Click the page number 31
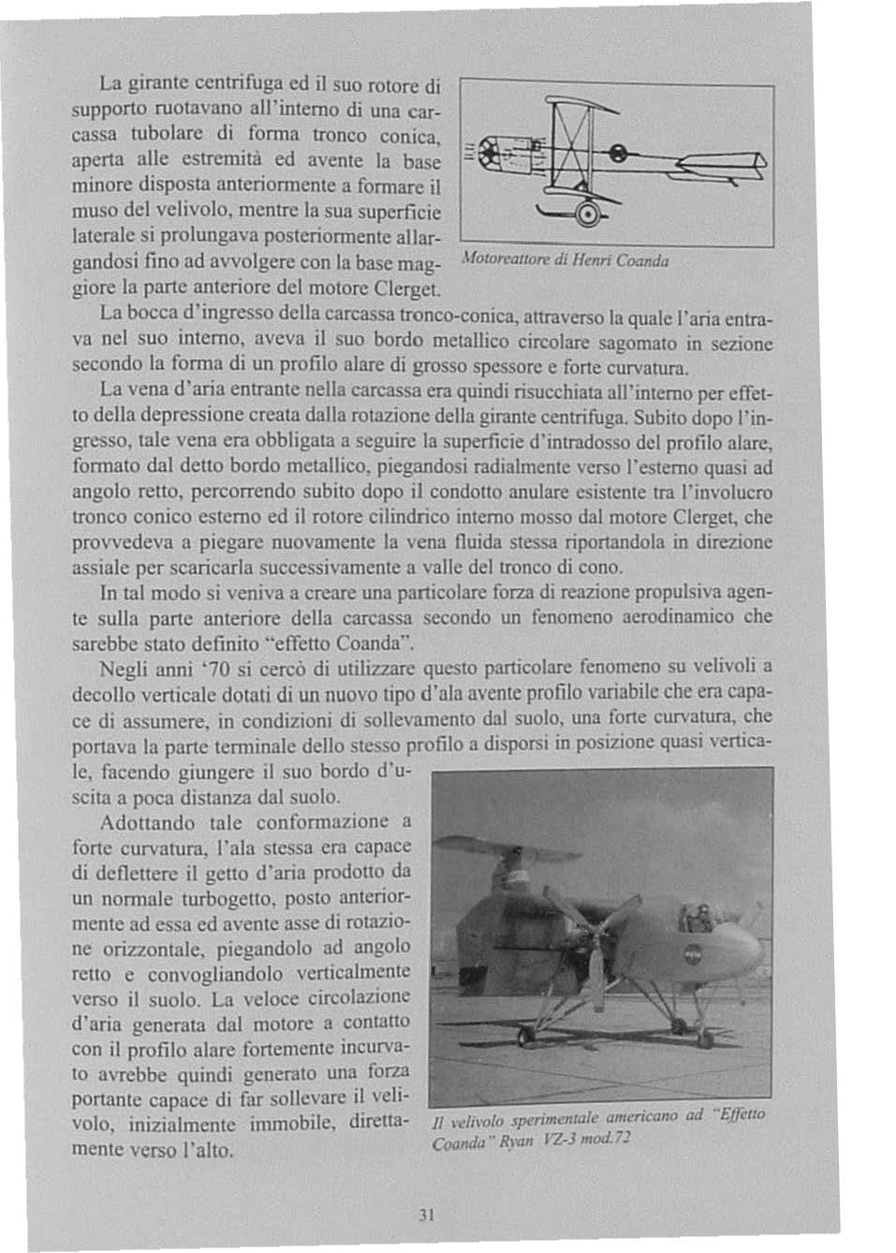coord(427,1216)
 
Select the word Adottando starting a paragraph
coord(147,823)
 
